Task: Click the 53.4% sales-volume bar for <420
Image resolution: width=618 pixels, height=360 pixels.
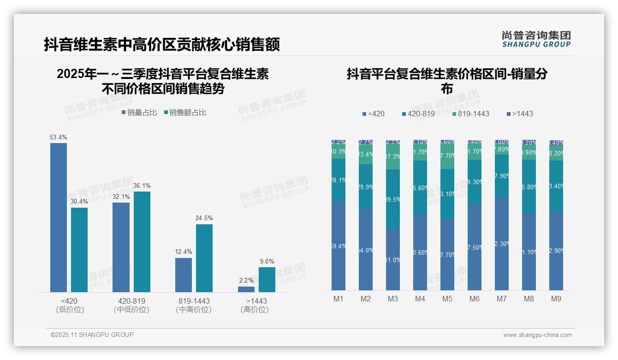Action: click(x=59, y=217)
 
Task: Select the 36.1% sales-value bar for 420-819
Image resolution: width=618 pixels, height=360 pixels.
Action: click(x=142, y=242)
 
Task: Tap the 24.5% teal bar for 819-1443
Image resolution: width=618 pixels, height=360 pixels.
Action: click(x=204, y=258)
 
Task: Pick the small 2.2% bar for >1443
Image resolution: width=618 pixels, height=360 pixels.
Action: click(x=246, y=289)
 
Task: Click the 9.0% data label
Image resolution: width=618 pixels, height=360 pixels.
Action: click(x=267, y=261)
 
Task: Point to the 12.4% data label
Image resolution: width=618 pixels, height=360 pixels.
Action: click(x=184, y=252)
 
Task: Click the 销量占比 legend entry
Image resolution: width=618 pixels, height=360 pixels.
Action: click(x=139, y=113)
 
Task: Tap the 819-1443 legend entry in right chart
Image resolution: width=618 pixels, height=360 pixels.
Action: click(x=470, y=114)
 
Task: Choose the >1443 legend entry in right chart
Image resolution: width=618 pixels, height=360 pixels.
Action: click(x=520, y=114)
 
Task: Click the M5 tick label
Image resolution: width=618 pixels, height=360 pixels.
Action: click(x=447, y=299)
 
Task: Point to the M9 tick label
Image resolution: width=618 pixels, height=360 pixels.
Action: click(x=556, y=299)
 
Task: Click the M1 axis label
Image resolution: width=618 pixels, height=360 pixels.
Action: click(x=339, y=299)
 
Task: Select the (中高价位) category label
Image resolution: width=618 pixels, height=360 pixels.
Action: click(x=194, y=310)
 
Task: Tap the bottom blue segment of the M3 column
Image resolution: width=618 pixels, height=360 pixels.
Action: click(x=393, y=259)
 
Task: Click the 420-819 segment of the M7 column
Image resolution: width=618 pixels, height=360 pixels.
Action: click(x=502, y=175)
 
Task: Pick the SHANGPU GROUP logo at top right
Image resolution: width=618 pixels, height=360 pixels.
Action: click(x=536, y=39)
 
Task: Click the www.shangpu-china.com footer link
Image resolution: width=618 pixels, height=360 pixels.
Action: click(x=537, y=335)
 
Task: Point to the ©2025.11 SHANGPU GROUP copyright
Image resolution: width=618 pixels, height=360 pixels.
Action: click(x=92, y=335)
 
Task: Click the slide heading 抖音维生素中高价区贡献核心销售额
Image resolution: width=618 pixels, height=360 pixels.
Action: click(x=162, y=45)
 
